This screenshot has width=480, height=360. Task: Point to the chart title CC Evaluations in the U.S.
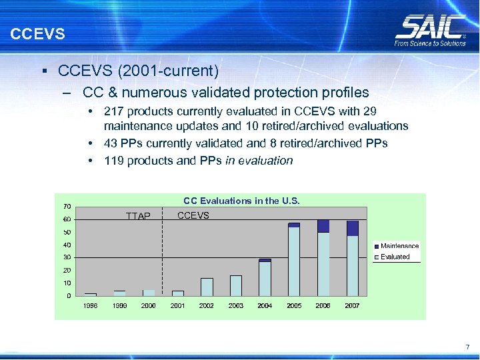[241, 201]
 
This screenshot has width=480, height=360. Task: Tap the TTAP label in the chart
[139, 216]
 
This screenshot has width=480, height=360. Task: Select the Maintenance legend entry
[399, 246]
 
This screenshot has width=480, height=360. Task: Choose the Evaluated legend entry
[395, 257]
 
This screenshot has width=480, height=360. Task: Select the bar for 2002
[207, 287]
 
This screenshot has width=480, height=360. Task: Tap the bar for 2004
[265, 277]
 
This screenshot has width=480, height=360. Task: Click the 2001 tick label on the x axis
[178, 305]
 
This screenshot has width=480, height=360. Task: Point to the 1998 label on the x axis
[90, 305]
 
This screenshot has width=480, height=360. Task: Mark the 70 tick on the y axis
[67, 206]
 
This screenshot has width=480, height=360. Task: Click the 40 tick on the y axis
[67, 245]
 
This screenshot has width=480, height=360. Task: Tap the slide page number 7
[467, 347]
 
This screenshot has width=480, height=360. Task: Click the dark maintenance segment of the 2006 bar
[323, 226]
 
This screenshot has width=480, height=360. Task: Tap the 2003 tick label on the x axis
[236, 305]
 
